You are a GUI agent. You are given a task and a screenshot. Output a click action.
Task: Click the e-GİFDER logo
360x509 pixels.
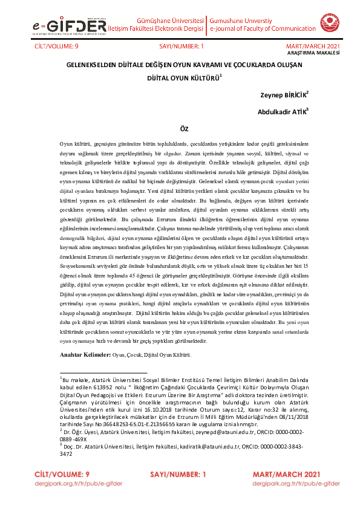[66, 27]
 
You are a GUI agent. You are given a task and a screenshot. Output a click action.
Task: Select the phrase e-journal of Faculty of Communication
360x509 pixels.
[259, 28]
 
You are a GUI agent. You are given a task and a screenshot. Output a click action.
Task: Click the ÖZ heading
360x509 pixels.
[185, 129]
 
